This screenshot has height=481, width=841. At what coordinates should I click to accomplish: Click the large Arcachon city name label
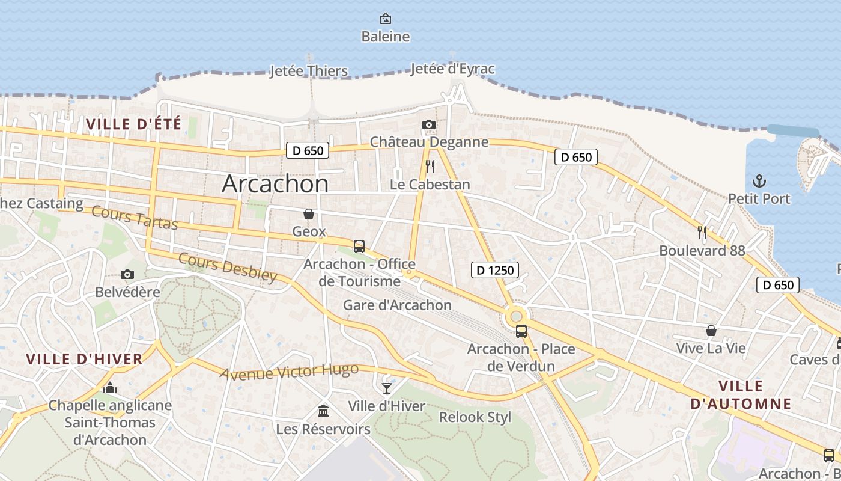point(275,183)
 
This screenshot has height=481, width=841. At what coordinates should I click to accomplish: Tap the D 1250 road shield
point(495,270)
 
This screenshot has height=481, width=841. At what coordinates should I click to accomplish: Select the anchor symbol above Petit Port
point(759,180)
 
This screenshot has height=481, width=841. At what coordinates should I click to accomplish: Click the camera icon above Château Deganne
point(428,124)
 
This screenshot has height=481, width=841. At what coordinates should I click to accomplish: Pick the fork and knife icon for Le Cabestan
point(430,166)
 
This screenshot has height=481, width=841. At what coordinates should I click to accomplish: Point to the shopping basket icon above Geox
point(309,214)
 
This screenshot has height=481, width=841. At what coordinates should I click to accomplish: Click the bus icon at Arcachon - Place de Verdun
point(521,331)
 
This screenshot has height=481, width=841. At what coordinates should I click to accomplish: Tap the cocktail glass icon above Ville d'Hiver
point(387,388)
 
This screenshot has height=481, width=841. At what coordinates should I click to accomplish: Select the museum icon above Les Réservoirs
point(323,411)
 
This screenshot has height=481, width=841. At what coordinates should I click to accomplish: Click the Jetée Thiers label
point(309,71)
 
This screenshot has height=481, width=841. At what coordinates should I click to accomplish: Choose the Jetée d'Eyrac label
point(452,69)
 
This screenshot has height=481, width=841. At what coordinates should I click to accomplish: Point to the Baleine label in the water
point(386,37)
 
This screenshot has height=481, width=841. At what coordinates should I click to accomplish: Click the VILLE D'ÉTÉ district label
point(133,124)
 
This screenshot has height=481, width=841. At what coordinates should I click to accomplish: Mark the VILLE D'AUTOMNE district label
point(741,395)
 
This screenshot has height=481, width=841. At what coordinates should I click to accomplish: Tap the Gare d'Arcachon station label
point(397,305)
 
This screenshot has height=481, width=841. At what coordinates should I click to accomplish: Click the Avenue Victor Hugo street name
point(289,372)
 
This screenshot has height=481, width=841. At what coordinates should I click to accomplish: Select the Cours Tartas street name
point(135,218)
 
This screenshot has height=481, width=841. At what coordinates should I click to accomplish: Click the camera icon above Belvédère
point(127,275)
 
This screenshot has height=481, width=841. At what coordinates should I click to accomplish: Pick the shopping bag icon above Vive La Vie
point(711,331)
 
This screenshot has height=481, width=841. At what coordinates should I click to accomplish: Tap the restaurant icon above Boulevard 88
point(702,232)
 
